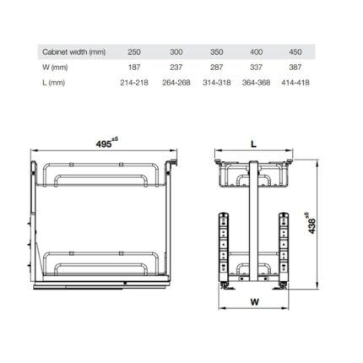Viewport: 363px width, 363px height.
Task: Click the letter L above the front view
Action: tap(252, 144)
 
